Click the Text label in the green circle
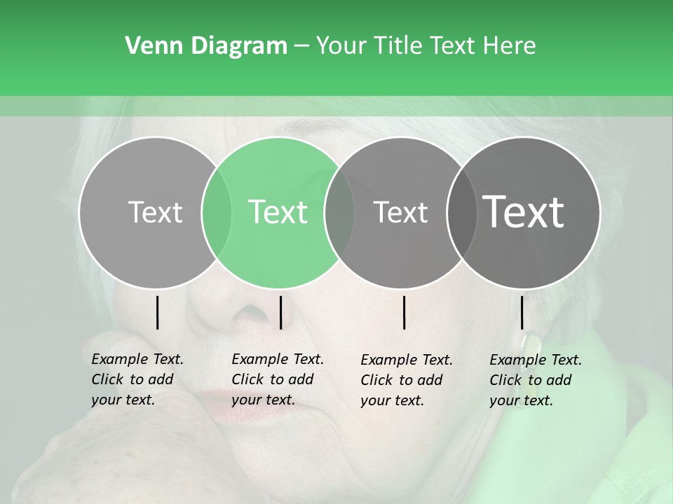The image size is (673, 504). coord(278,212)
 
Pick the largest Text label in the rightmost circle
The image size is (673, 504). coord(524,212)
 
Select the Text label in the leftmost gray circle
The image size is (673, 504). coord(155,212)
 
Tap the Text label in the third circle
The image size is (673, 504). coord(400,212)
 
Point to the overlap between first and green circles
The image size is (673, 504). coord(217,213)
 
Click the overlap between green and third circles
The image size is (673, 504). coord(339,213)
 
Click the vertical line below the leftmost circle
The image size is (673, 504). coord(158,312)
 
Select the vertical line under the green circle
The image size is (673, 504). coord(280,312)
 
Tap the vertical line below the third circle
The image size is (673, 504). coord(404,312)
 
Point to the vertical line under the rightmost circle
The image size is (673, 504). coord(522,312)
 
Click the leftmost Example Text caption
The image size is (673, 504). coord(137,379)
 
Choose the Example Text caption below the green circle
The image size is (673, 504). coord(278,379)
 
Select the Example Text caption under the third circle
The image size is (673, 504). coord(407,380)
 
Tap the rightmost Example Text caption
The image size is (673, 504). coord(536,380)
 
